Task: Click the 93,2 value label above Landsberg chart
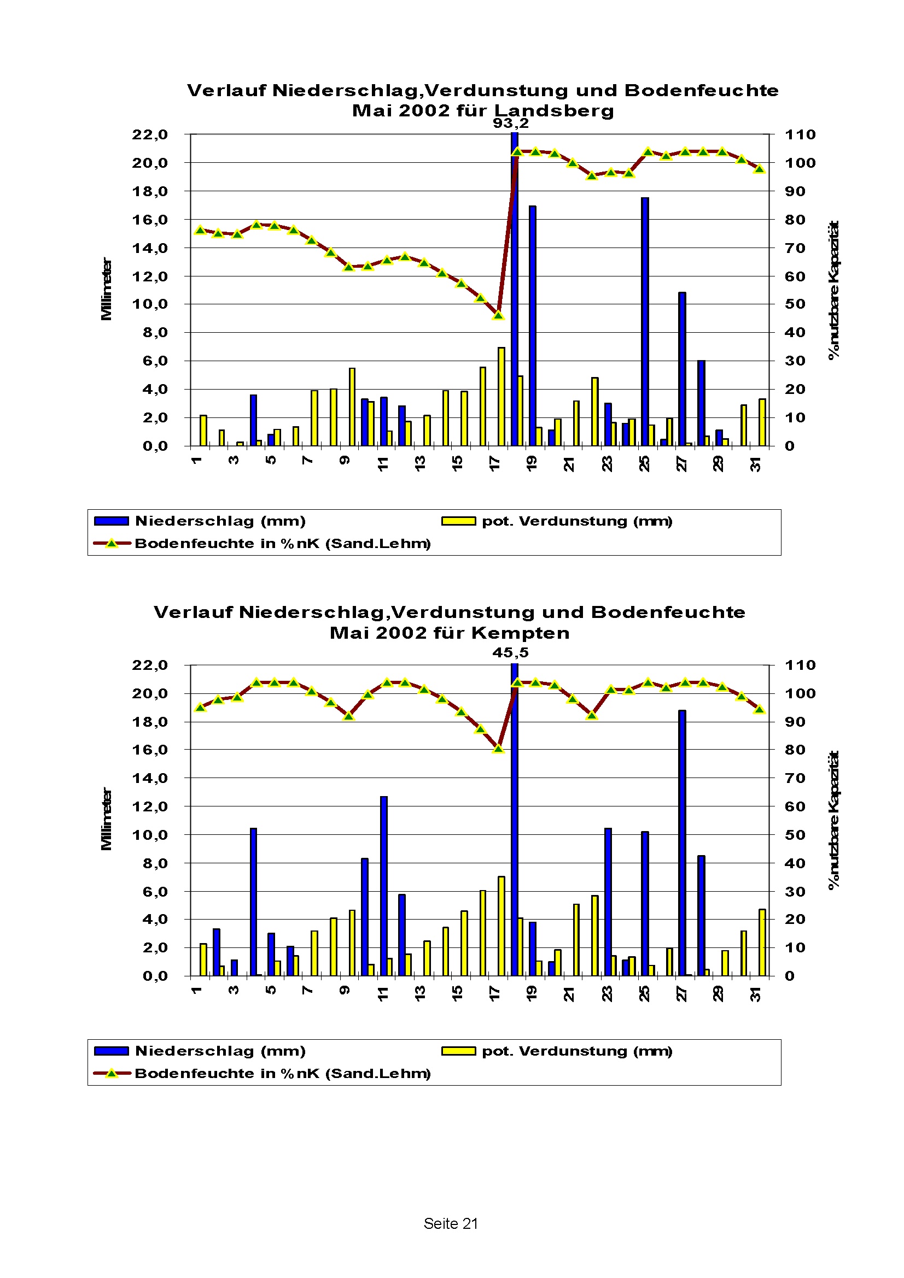click(x=510, y=123)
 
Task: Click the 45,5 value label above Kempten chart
click(x=510, y=652)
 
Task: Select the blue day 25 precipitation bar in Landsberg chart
click(x=644, y=323)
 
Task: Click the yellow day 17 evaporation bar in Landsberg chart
click(x=501, y=396)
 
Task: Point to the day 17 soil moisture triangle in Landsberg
click(x=499, y=316)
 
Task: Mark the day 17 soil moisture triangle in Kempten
click(x=499, y=749)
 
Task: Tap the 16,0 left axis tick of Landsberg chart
click(x=149, y=220)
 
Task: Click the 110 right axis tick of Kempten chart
click(x=800, y=665)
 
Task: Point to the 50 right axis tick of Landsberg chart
click(x=795, y=304)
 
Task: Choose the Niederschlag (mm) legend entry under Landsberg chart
click(x=220, y=521)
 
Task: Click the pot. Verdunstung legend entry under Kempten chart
click(x=576, y=1051)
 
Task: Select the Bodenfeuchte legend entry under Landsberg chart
click(x=282, y=543)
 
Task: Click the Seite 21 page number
click(x=451, y=1223)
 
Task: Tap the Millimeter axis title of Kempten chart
click(x=106, y=819)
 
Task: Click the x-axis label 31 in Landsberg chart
click(x=755, y=464)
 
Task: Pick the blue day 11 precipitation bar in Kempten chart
click(x=384, y=887)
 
